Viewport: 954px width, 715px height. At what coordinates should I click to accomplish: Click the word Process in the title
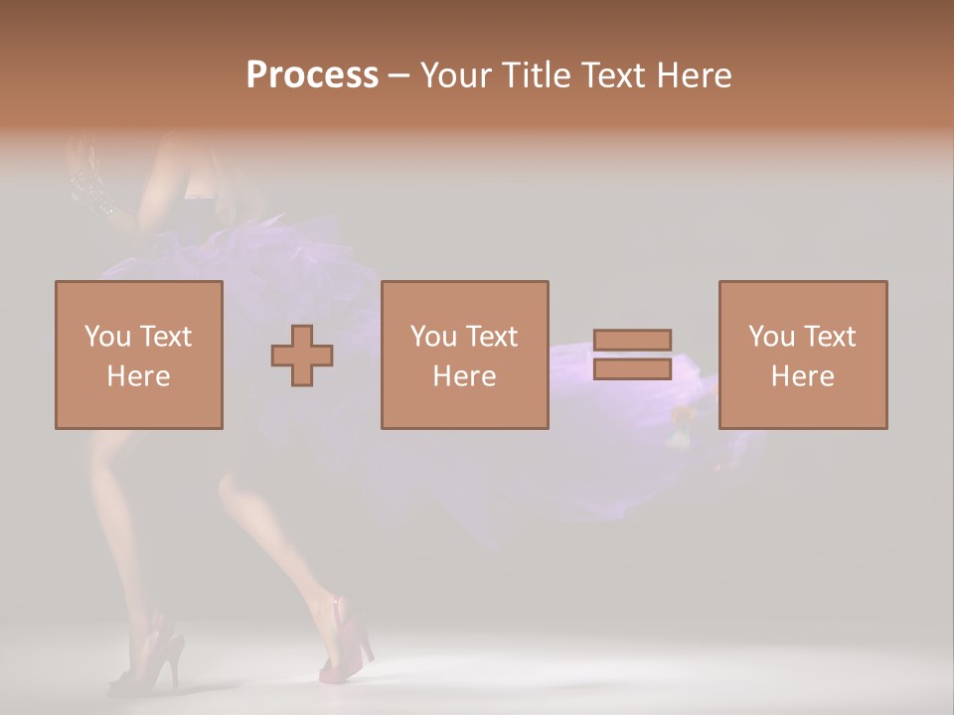tap(312, 75)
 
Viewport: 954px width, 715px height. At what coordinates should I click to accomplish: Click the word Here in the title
tap(695, 75)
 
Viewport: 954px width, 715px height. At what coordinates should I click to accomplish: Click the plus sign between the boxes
tap(302, 356)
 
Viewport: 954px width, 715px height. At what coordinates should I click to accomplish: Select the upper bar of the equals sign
tap(632, 340)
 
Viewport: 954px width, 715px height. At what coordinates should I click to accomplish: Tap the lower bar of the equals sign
tap(632, 369)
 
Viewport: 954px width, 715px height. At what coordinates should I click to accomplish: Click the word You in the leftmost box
tap(107, 337)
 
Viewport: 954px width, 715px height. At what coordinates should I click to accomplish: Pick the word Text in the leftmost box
tap(164, 337)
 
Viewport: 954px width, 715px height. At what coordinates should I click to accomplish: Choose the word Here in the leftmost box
tap(138, 376)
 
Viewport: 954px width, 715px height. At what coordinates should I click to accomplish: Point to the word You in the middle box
tap(433, 337)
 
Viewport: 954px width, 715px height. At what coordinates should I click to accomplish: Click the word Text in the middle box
tap(490, 337)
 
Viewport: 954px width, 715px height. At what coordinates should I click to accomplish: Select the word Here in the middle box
tap(464, 376)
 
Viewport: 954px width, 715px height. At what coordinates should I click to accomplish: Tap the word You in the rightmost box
tap(771, 337)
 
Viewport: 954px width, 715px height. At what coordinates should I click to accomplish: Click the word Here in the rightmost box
tap(802, 376)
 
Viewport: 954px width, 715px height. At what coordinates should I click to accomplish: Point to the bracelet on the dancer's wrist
tap(95, 190)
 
